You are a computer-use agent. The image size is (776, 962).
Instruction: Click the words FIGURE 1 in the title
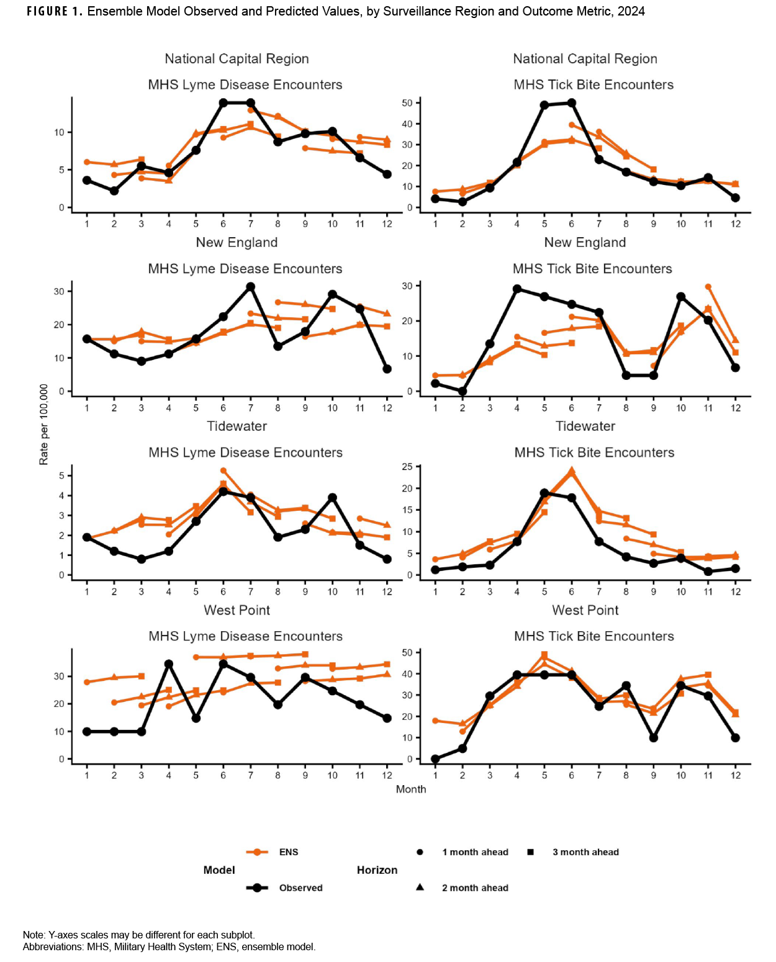pyautogui.click(x=55, y=11)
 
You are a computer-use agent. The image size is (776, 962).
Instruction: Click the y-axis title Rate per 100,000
pyautogui.click(x=43, y=424)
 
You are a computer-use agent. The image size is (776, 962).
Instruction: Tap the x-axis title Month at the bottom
pyautogui.click(x=411, y=789)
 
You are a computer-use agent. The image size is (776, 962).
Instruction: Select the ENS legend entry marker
pyautogui.click(x=257, y=852)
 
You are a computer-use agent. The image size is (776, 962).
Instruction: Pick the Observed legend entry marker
pyautogui.click(x=257, y=888)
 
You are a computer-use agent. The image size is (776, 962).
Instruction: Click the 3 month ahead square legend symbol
pyautogui.click(x=531, y=852)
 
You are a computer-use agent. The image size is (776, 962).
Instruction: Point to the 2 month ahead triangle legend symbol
pyautogui.click(x=420, y=888)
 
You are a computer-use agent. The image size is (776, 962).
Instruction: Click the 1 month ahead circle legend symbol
pyautogui.click(x=420, y=852)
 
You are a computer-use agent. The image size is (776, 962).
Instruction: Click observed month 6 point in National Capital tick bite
pyautogui.click(x=572, y=103)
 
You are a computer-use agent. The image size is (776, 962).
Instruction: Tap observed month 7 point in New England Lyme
pyautogui.click(x=251, y=287)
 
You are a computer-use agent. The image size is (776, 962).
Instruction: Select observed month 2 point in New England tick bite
pyautogui.click(x=462, y=392)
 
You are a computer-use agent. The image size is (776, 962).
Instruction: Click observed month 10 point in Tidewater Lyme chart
pyautogui.click(x=333, y=498)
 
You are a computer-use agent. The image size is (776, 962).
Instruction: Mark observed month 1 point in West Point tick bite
pyautogui.click(x=435, y=759)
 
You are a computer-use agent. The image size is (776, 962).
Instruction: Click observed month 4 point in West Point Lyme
pyautogui.click(x=169, y=664)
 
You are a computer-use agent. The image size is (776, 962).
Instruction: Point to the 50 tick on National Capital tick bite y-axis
pyautogui.click(x=407, y=103)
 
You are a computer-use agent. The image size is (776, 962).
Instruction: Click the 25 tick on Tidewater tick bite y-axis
pyautogui.click(x=407, y=467)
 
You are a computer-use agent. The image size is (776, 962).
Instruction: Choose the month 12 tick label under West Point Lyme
pyautogui.click(x=387, y=775)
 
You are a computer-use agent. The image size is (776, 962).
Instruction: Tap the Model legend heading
pyautogui.click(x=219, y=870)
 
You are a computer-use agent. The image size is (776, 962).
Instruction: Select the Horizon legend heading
pyautogui.click(x=377, y=870)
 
